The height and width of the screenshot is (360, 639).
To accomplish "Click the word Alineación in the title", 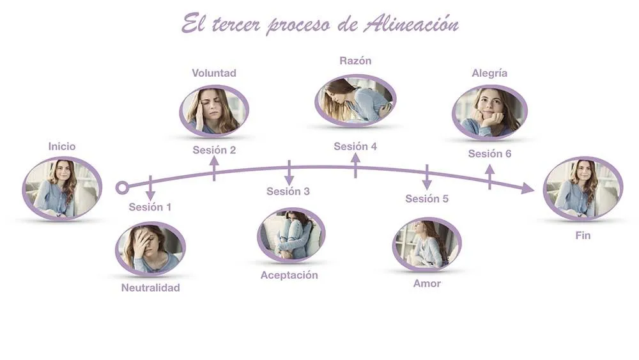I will click(x=411, y=24).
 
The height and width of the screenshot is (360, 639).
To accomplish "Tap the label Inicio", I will click(x=62, y=146).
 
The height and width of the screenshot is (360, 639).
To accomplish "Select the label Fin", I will click(x=583, y=235).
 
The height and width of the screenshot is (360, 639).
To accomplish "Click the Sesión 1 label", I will click(x=150, y=207).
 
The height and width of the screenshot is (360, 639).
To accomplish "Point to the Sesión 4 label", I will click(x=355, y=146).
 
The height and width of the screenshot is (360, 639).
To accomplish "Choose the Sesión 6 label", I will click(x=489, y=153).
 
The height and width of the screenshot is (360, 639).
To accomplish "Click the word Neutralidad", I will click(x=151, y=288).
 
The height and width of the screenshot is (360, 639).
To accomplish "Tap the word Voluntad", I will click(x=214, y=73).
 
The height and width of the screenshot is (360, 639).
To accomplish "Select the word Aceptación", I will click(x=289, y=275).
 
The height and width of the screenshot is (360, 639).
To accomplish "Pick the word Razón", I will click(x=355, y=61).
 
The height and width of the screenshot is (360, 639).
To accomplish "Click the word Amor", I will click(x=427, y=283).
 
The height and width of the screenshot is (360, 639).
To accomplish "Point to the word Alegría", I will click(x=489, y=73).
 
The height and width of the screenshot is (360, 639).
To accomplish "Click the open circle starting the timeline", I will click(x=122, y=187).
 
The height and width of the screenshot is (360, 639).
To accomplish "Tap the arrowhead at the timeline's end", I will click(x=527, y=188).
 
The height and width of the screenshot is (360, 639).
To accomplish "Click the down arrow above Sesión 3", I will click(x=289, y=173).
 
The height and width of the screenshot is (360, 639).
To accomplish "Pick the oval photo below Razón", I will click(x=355, y=100).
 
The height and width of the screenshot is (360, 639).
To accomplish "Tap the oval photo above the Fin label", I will click(x=583, y=188).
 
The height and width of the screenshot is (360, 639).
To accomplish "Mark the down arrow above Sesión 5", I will click(x=427, y=177).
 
